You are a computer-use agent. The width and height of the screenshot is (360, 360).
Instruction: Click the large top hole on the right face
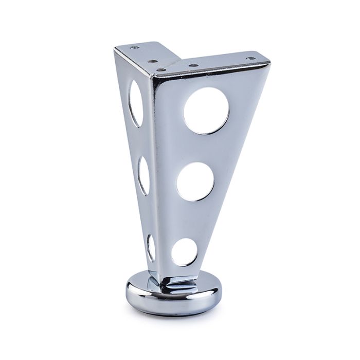[x=206, y=111]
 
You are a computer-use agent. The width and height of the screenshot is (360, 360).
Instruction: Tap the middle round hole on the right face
[x=195, y=181]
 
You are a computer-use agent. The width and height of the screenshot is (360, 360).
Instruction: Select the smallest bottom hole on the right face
[x=184, y=252]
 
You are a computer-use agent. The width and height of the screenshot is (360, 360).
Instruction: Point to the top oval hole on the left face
[x=135, y=103]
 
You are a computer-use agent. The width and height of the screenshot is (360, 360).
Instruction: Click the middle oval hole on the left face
[x=143, y=175]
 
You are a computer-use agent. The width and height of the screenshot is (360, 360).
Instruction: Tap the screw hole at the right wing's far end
[x=250, y=59]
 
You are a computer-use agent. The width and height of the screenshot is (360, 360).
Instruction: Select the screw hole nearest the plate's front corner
[x=160, y=69]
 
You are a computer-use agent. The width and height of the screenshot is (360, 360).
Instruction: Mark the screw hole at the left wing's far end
[x=135, y=48]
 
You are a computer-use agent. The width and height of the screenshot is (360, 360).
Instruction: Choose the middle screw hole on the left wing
[x=152, y=61]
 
